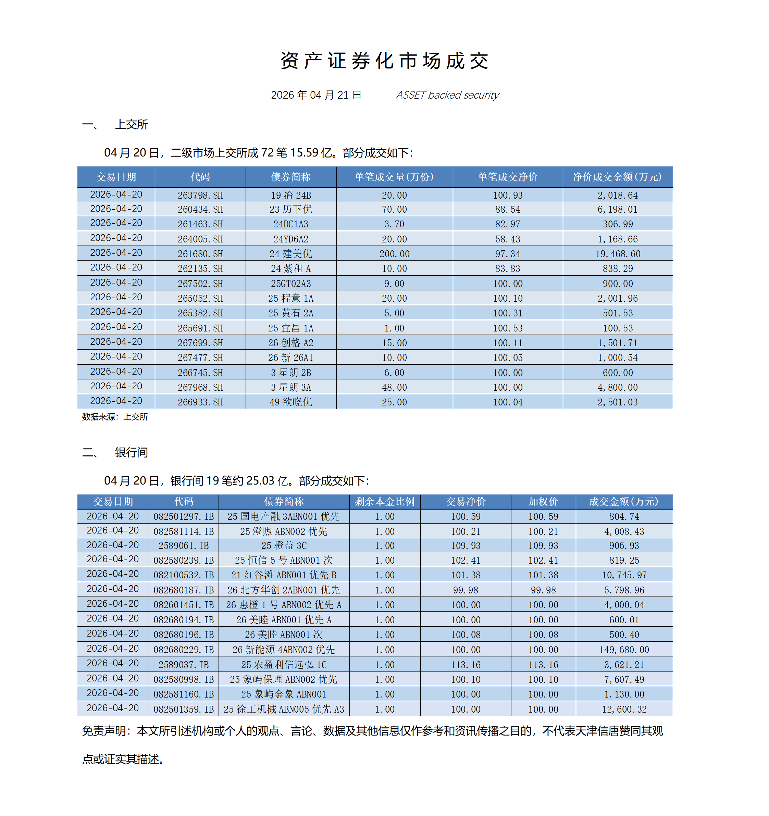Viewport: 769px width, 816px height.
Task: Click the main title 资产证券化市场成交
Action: [x=384, y=61]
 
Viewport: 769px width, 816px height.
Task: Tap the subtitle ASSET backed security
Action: [x=447, y=95]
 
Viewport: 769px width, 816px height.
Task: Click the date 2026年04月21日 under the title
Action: [x=316, y=95]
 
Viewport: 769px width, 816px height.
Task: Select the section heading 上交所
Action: [x=132, y=125]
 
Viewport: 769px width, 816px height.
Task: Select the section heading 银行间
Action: [x=132, y=452]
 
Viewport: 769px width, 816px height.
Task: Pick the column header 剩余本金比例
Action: [x=384, y=502]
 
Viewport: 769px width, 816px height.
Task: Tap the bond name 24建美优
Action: [x=291, y=254]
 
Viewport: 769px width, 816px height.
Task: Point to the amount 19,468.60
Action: [x=618, y=254]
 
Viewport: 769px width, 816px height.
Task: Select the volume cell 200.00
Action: [x=394, y=254]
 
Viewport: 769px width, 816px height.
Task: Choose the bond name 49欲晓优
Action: [x=291, y=402]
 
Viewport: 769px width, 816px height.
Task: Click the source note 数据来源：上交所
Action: [x=115, y=417]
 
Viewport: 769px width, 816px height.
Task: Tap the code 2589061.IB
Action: [x=184, y=546]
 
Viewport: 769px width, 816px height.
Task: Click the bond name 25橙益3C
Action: [x=284, y=546]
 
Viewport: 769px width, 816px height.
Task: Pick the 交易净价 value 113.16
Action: [x=466, y=665]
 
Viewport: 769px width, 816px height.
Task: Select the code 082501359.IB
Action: [x=184, y=709]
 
